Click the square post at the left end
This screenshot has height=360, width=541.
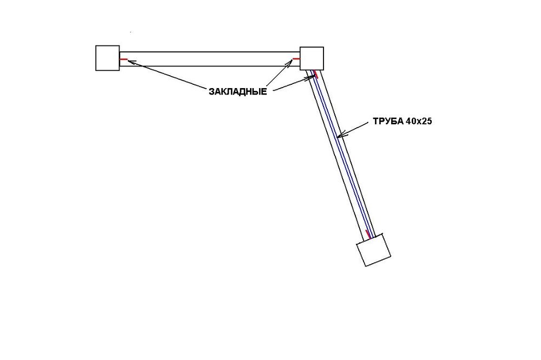point(107,58)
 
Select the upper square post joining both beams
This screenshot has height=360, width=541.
point(312,58)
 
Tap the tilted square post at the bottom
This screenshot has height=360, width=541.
point(373,250)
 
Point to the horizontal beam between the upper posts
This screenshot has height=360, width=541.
point(209,59)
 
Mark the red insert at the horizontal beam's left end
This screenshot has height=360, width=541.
point(123,59)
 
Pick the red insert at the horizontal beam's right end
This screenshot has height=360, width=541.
point(296,59)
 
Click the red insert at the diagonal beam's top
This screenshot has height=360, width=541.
point(315,74)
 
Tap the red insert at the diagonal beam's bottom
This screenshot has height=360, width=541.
point(368,234)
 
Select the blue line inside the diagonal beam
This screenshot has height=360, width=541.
point(343,154)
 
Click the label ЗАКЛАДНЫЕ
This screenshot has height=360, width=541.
point(237,92)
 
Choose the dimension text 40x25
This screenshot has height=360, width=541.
point(419,122)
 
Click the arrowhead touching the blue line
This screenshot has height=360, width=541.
point(340,135)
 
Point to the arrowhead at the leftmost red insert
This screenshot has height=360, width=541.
point(131,62)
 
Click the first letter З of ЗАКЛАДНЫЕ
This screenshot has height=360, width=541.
point(212,92)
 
